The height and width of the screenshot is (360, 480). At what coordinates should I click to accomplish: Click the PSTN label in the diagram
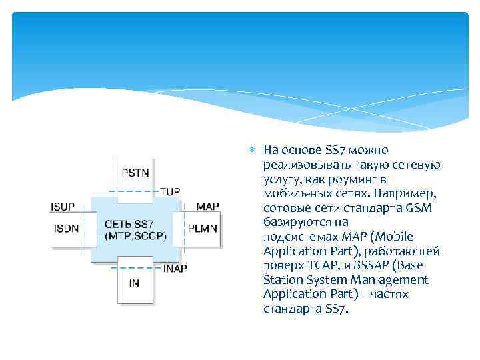[x=135, y=173]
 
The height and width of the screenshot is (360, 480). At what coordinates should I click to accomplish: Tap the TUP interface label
[x=171, y=192]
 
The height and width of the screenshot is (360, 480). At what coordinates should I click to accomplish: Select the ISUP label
[x=63, y=207]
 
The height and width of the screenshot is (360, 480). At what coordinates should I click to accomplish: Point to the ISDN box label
[x=66, y=229]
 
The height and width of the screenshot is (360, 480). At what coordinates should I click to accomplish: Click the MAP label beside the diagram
[x=207, y=207]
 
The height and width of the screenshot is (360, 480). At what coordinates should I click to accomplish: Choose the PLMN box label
[x=203, y=229]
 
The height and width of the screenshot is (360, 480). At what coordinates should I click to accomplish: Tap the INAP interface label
[x=175, y=269]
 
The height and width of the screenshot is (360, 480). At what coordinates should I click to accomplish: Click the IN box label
[x=134, y=283]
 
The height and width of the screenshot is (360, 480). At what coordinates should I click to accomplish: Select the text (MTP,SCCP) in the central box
[x=135, y=236]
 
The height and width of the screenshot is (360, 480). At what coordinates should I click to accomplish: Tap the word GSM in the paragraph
[x=417, y=209]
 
